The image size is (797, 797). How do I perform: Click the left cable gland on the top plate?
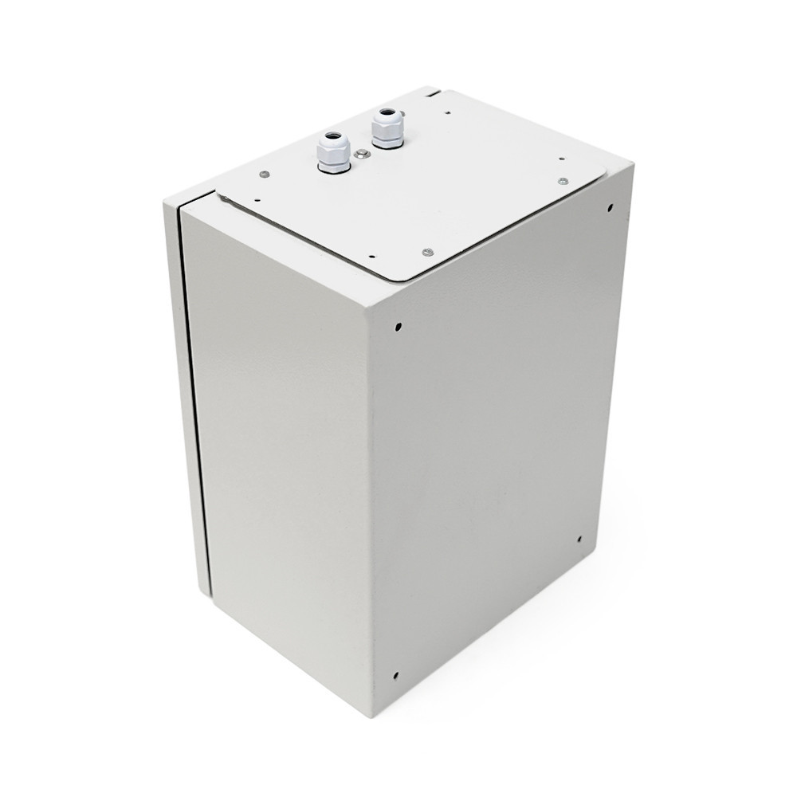331,153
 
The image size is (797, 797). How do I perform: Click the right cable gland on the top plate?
387,129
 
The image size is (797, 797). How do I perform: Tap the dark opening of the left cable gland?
331,139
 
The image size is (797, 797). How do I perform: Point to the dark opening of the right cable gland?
387,115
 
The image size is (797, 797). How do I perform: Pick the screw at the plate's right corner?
563,182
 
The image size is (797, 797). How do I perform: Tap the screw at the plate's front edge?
428,252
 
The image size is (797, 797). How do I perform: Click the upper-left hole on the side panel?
397,326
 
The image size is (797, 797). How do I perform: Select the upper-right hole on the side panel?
610,209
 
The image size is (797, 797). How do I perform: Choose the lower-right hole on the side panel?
579,540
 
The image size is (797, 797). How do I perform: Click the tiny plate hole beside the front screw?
371,255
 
